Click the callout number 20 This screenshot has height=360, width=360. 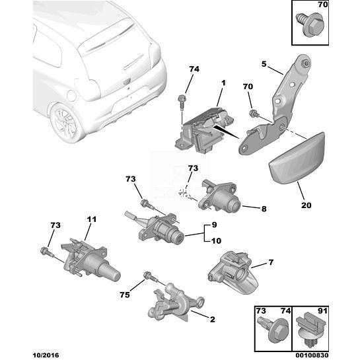click(306, 205)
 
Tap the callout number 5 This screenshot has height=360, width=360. click(264, 64)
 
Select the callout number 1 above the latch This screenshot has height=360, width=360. click(223, 83)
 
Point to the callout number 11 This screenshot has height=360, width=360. click(92, 219)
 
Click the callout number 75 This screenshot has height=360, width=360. click(125, 295)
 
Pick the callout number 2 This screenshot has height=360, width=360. click(213, 319)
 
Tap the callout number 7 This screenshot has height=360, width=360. click(271, 262)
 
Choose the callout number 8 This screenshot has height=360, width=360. click(264, 209)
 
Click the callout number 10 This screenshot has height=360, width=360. click(214, 225)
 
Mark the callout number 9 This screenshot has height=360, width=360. click(216, 241)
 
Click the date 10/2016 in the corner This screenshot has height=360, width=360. click(45, 355)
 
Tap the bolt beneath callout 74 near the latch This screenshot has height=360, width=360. click(182, 102)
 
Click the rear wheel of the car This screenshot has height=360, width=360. click(67, 124)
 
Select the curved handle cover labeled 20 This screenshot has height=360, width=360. click(298, 158)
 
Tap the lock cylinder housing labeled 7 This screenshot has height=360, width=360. click(233, 273)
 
